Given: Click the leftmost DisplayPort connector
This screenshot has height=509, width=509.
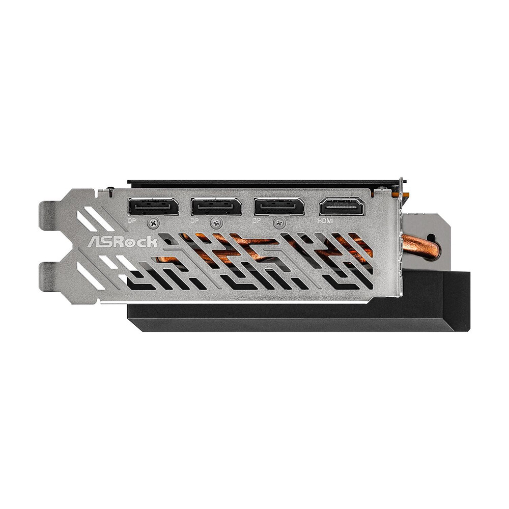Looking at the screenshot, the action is coord(153,207).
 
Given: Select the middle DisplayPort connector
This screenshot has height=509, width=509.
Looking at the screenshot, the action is coord(216,207).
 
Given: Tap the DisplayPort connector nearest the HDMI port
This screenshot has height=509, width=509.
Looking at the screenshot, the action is coord(279,207).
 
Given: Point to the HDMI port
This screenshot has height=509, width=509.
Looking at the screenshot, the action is coord(343,207).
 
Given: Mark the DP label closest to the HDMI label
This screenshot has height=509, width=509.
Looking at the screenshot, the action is coord(258,220).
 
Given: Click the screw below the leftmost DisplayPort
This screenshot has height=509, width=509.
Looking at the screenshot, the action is coord(154,223).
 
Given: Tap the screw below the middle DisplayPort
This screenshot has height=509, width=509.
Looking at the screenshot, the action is coord(216,223).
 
